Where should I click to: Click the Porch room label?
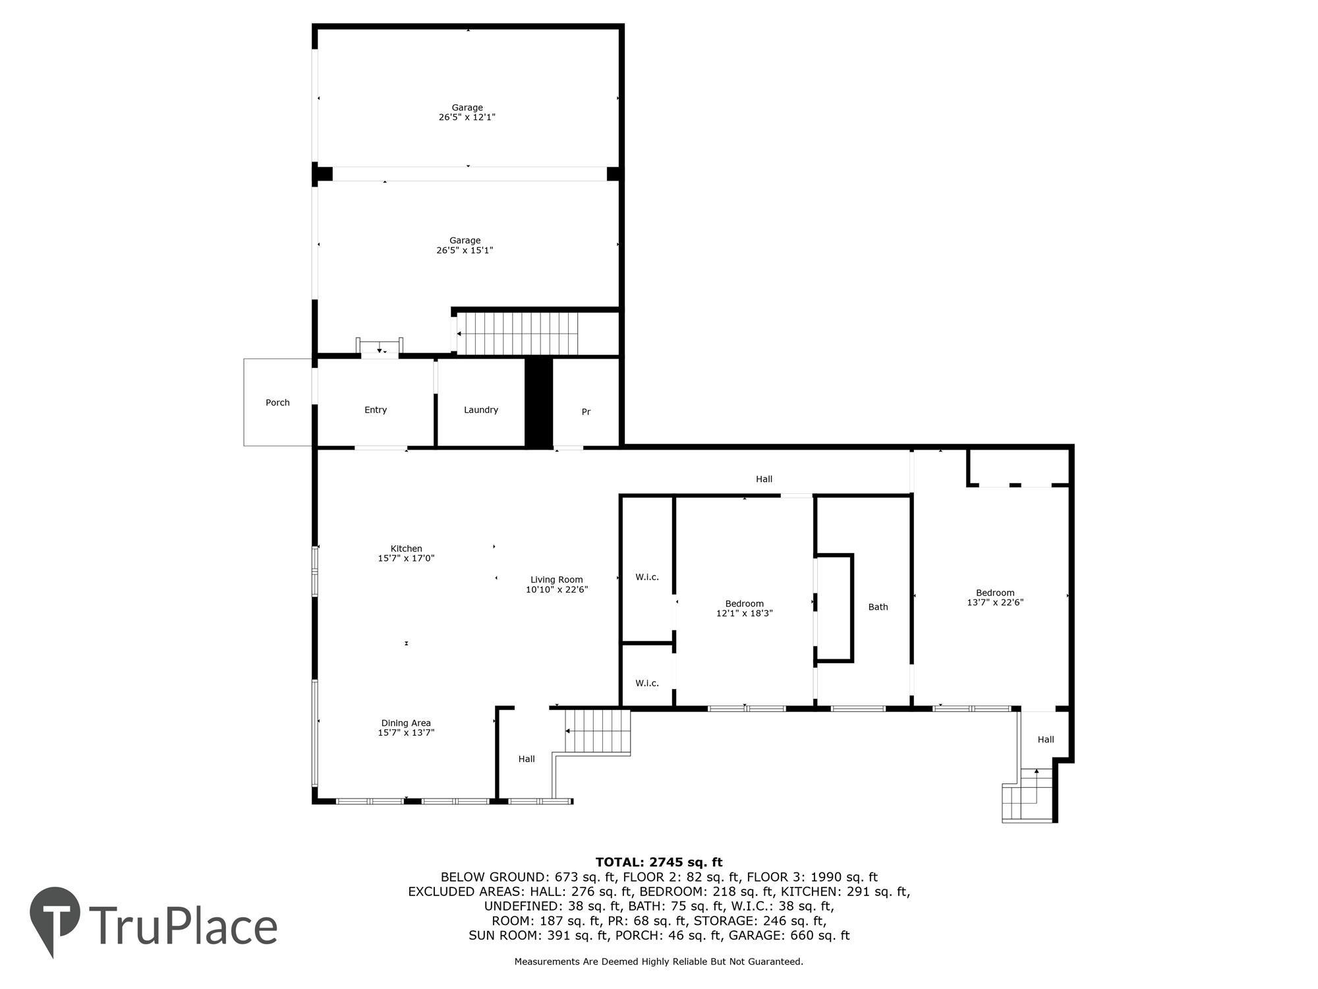coord(277,402)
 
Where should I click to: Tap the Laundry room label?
coord(480,409)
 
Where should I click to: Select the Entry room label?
coord(376,409)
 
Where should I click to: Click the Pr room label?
coord(586,411)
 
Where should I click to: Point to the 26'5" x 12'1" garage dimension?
coord(467,117)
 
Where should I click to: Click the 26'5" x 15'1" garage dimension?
coord(465,251)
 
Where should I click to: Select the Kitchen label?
coord(406,549)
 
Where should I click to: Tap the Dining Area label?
coord(406,723)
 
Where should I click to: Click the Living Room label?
coord(556,580)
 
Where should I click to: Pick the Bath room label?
coord(878,607)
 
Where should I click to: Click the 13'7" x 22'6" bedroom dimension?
coord(995,602)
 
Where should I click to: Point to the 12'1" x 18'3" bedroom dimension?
coord(744,613)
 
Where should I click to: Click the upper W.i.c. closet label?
coord(646,577)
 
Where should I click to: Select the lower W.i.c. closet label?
coord(646,683)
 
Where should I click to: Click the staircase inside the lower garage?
coord(518,333)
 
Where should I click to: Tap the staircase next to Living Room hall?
coord(597,731)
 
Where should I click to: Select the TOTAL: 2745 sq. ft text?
coord(659,862)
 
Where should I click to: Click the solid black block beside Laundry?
coord(538,402)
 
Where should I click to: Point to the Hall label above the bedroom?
coord(764,479)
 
